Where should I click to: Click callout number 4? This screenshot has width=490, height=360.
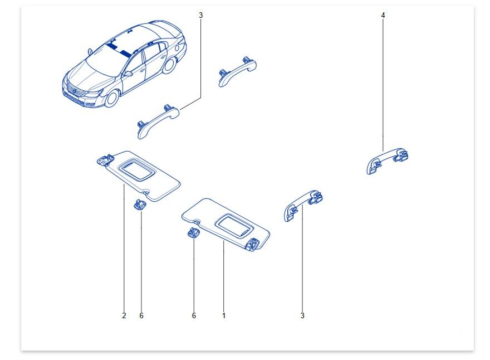click(x=383, y=15)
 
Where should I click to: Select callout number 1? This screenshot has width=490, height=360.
click(x=224, y=315)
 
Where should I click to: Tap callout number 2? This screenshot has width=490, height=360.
click(x=124, y=315)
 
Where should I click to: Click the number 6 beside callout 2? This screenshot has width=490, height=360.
click(x=141, y=315)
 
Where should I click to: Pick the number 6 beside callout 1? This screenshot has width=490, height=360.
click(x=194, y=315)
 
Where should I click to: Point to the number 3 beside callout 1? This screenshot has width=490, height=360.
click(x=302, y=315)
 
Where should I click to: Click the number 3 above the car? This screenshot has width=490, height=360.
click(x=200, y=15)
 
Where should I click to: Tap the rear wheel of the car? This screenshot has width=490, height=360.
click(x=169, y=65)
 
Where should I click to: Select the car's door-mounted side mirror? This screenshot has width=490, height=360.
click(x=128, y=74)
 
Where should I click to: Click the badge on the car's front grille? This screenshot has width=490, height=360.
click(x=75, y=91)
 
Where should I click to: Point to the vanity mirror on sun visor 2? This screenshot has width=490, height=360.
click(x=136, y=169)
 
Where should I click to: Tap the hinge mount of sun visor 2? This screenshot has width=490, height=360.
click(x=104, y=159)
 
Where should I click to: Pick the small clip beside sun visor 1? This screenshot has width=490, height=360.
click(x=193, y=233)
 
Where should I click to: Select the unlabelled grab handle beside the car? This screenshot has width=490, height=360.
click(x=238, y=71)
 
